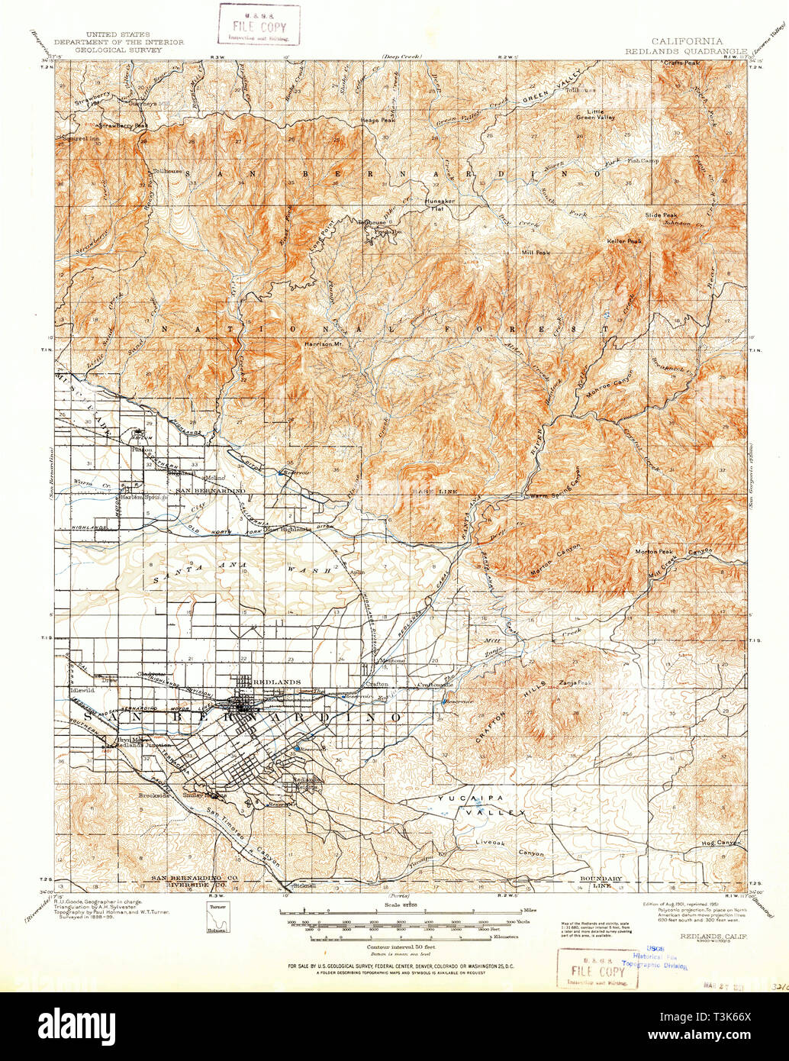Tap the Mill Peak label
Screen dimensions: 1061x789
(x=536, y=253)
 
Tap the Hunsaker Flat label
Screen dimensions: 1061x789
(x=440, y=204)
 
